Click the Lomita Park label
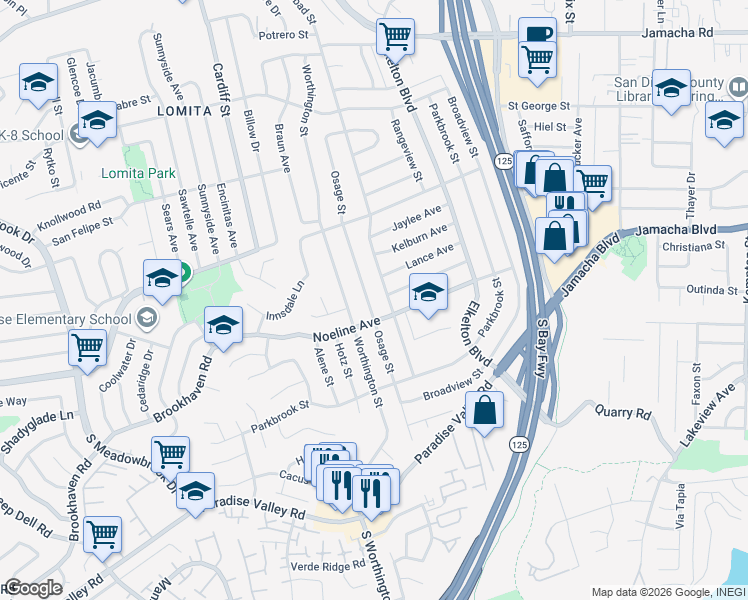point(138,173)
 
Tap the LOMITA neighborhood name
point(184,111)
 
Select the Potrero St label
point(283,35)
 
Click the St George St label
point(538,105)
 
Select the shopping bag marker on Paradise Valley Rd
point(484,410)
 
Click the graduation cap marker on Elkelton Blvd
point(427,294)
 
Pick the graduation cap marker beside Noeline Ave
point(223,324)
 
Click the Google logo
point(32,589)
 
